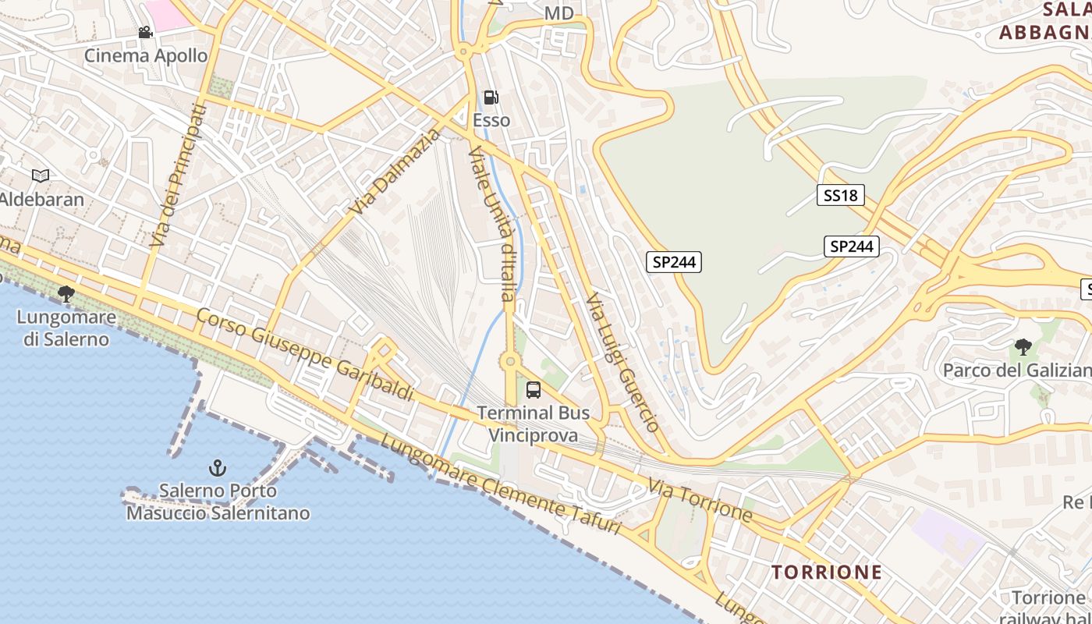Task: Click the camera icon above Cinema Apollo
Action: coord(145,32)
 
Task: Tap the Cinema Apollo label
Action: coord(146,55)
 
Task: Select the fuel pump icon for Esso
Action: coord(491,97)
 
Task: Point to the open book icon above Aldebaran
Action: coord(41,176)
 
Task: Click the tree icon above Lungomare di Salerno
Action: coord(66,294)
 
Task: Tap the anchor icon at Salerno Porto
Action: coord(218,468)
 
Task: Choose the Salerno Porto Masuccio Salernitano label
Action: coord(218,502)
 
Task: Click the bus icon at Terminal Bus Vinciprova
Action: coord(534,390)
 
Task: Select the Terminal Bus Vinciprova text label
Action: coord(534,424)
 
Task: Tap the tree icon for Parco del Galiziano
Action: coord(1023,347)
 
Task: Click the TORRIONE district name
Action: coord(827,572)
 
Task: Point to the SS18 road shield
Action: coord(841,195)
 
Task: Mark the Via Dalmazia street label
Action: coord(395,173)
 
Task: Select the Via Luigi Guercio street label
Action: coord(623,363)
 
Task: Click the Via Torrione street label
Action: coord(700,501)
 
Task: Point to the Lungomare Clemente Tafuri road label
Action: coord(500,484)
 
